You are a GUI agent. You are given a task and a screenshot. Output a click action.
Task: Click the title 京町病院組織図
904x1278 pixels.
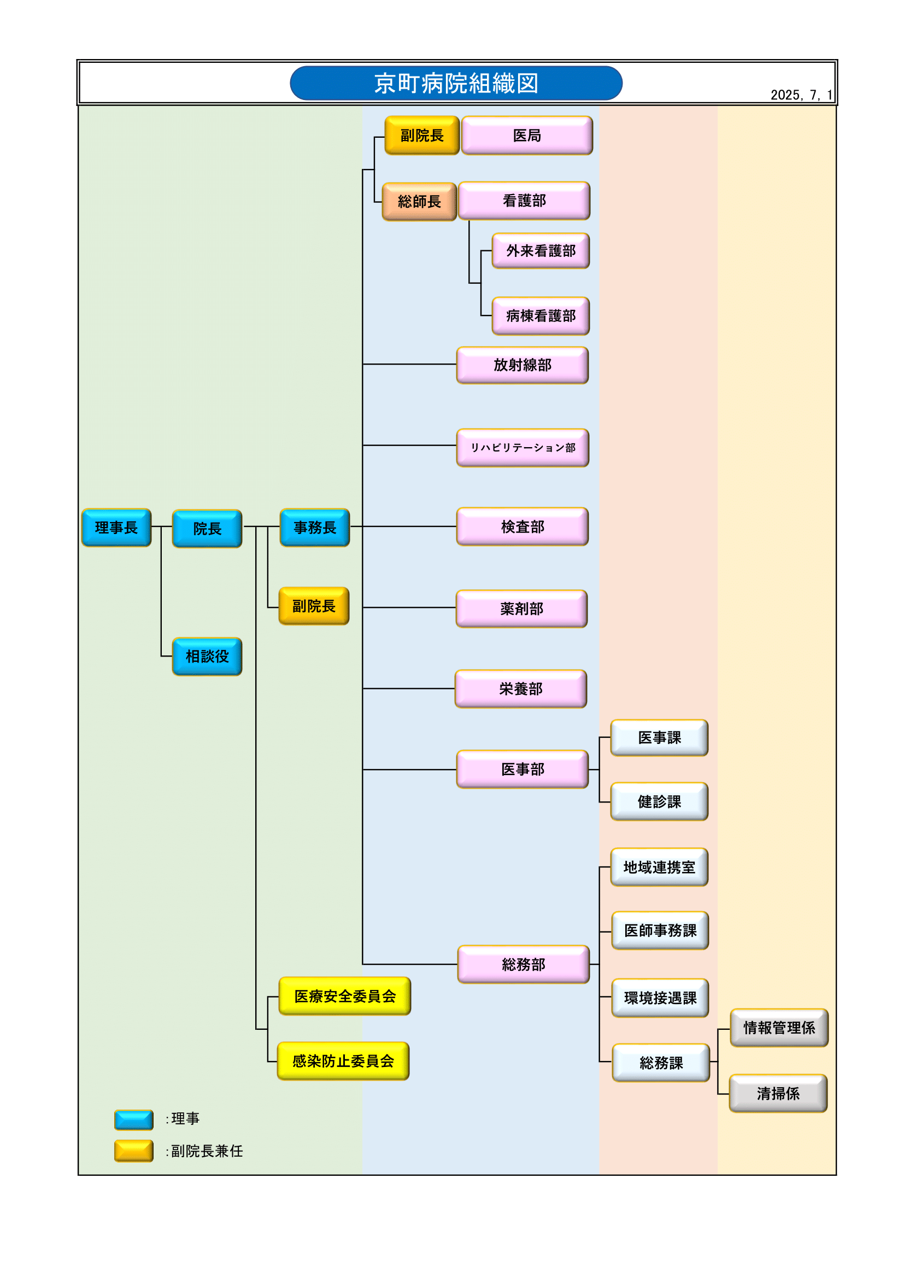click(x=456, y=84)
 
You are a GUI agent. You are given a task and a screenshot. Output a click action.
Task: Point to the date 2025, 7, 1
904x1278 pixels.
click(x=801, y=95)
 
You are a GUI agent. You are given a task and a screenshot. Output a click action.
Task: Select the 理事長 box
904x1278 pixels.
click(x=116, y=527)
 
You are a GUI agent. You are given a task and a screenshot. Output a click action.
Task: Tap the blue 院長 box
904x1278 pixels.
click(x=207, y=528)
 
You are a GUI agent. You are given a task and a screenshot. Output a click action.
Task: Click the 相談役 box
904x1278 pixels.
click(x=207, y=656)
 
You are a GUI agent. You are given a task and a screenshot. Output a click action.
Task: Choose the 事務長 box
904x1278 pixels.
click(x=314, y=527)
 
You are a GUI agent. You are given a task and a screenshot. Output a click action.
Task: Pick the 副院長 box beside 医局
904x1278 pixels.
click(x=421, y=135)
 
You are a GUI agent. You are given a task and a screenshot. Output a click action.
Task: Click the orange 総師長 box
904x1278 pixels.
click(x=419, y=201)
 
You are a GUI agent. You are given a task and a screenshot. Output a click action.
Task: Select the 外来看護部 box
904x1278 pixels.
click(x=541, y=250)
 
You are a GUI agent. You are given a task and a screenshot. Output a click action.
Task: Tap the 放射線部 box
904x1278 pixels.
click(x=522, y=365)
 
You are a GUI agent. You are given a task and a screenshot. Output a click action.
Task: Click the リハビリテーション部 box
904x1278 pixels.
click(x=522, y=448)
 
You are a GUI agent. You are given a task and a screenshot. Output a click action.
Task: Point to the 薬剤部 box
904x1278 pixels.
click(x=521, y=608)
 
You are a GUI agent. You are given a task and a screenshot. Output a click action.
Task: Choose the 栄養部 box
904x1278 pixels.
click(x=520, y=689)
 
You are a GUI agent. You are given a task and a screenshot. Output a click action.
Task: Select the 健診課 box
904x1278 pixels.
click(x=659, y=801)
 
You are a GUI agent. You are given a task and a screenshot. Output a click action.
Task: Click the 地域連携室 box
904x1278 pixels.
click(x=659, y=866)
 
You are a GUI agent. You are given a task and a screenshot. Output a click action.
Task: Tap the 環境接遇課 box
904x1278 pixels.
click(x=660, y=998)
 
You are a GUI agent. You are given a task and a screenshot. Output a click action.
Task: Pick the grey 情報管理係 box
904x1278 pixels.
click(x=779, y=1027)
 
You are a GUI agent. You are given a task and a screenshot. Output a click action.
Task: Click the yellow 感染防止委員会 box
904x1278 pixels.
click(x=343, y=1061)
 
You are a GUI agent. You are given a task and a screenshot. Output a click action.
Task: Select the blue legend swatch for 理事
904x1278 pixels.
click(x=133, y=1119)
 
